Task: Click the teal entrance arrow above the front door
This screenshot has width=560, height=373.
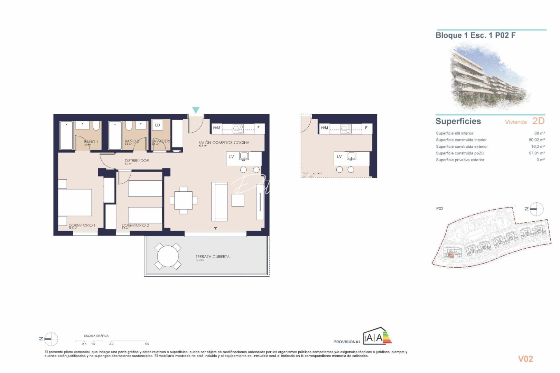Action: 196,110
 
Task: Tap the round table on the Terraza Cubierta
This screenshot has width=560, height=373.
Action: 168,256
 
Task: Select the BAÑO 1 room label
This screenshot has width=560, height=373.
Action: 91,142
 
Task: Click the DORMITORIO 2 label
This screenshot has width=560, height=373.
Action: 135,225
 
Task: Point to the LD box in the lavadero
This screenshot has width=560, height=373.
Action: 157,125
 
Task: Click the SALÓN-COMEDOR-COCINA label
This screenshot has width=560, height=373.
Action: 224,142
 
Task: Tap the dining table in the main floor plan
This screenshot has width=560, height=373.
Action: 183,200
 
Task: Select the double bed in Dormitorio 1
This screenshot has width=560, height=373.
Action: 75,202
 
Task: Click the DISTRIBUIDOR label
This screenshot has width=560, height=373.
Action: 137,161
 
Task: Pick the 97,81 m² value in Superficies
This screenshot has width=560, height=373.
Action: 536,153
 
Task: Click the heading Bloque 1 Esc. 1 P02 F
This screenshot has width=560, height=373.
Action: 475,35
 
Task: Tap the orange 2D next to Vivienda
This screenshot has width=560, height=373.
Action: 538,121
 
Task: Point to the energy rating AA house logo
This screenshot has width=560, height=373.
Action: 377,336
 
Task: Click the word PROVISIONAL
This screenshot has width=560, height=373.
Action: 347,342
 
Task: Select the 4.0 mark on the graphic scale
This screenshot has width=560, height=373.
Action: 147,344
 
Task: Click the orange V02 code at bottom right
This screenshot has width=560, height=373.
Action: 525,359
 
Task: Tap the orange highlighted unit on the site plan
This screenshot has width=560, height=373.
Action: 451,256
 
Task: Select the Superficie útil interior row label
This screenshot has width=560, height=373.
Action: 455,133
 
